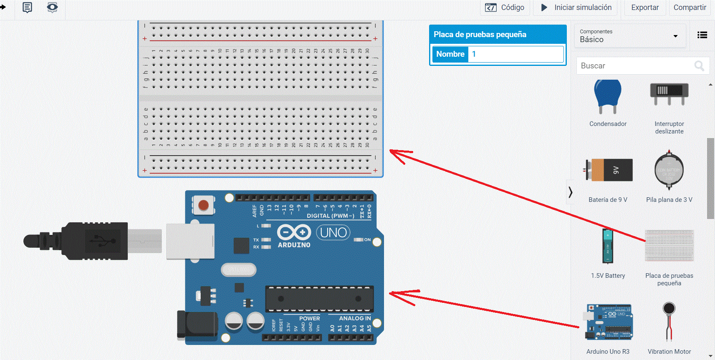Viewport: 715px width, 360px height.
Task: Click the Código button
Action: click(x=505, y=8)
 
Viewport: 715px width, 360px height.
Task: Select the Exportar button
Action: click(x=644, y=8)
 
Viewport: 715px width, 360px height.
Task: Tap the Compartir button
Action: click(x=690, y=8)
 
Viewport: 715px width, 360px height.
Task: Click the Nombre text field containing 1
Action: click(x=515, y=54)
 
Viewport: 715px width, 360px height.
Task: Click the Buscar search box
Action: click(x=634, y=66)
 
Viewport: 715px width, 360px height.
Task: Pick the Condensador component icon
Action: click(x=608, y=97)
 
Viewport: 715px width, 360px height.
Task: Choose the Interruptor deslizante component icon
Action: click(x=669, y=94)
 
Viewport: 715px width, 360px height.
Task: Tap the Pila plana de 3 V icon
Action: click(x=669, y=170)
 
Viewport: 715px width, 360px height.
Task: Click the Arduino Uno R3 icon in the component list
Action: click(x=609, y=322)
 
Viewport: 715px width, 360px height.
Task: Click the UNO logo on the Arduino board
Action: click(x=333, y=232)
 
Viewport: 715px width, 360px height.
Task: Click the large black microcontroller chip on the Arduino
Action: click(x=319, y=299)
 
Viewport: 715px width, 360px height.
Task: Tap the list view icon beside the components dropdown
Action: click(x=702, y=35)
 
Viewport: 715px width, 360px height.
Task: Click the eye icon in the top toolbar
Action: click(x=52, y=7)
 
